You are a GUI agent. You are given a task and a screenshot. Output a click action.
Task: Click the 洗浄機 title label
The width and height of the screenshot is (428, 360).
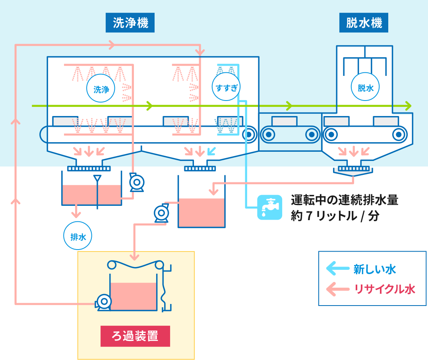[x=130, y=23]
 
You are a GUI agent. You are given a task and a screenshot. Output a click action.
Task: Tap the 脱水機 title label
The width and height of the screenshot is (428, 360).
[x=364, y=23]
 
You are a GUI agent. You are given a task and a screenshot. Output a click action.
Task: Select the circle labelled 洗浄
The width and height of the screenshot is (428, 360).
[x=101, y=89]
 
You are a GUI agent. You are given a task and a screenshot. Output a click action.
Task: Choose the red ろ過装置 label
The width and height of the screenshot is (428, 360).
[x=135, y=336]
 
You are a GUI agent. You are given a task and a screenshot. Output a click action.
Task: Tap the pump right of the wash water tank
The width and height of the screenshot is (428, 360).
[x=137, y=183]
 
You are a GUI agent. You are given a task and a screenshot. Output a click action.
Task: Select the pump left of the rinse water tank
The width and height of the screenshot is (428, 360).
[x=161, y=213]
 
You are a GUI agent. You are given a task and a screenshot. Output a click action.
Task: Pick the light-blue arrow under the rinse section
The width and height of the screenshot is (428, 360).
[x=212, y=151]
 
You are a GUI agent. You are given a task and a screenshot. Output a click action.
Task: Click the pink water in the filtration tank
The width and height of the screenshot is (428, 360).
[x=133, y=296]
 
